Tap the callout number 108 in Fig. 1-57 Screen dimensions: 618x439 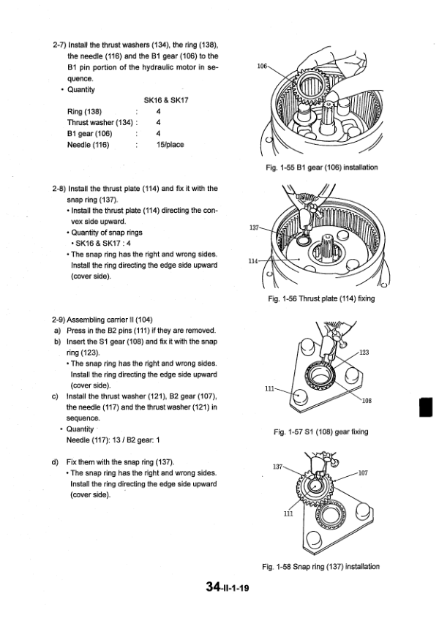367,400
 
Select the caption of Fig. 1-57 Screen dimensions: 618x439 320,432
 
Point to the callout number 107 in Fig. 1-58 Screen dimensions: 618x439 364,474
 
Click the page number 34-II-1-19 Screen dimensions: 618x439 228,587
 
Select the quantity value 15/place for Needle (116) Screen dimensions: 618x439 170,145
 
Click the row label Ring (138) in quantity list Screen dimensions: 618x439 84,112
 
